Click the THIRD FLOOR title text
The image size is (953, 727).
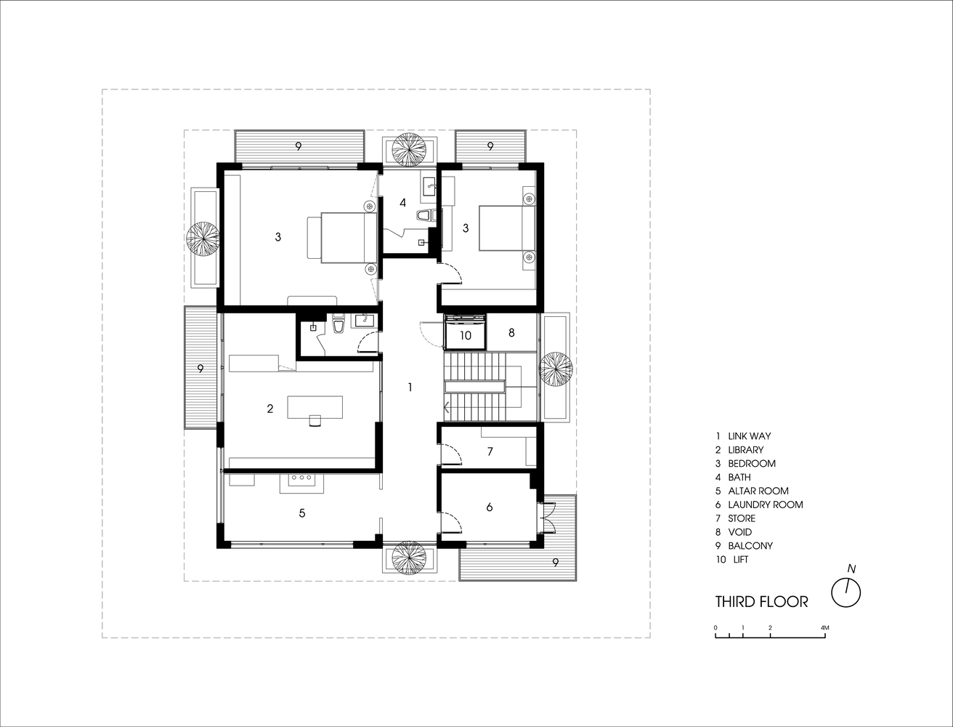pyautogui.click(x=761, y=602)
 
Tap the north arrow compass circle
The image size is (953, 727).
pyautogui.click(x=845, y=593)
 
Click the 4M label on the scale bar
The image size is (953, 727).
pyautogui.click(x=825, y=627)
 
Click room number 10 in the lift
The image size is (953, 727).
pyautogui.click(x=466, y=335)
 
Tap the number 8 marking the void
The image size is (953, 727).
pyautogui.click(x=511, y=333)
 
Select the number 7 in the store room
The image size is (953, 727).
pyautogui.click(x=490, y=451)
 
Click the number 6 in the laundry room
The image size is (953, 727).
pyautogui.click(x=490, y=507)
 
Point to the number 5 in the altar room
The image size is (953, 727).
pyautogui.click(x=302, y=513)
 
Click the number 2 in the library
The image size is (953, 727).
pyautogui.click(x=270, y=409)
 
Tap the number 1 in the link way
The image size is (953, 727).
pyautogui.click(x=410, y=387)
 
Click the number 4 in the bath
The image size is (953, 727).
pyautogui.click(x=403, y=203)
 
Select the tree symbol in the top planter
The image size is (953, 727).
pyautogui.click(x=409, y=150)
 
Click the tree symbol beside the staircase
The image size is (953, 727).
pyautogui.click(x=555, y=369)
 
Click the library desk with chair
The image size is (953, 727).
pyautogui.click(x=315, y=409)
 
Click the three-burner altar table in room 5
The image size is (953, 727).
pyautogui.click(x=301, y=483)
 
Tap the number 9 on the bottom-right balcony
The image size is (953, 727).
pyautogui.click(x=555, y=563)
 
